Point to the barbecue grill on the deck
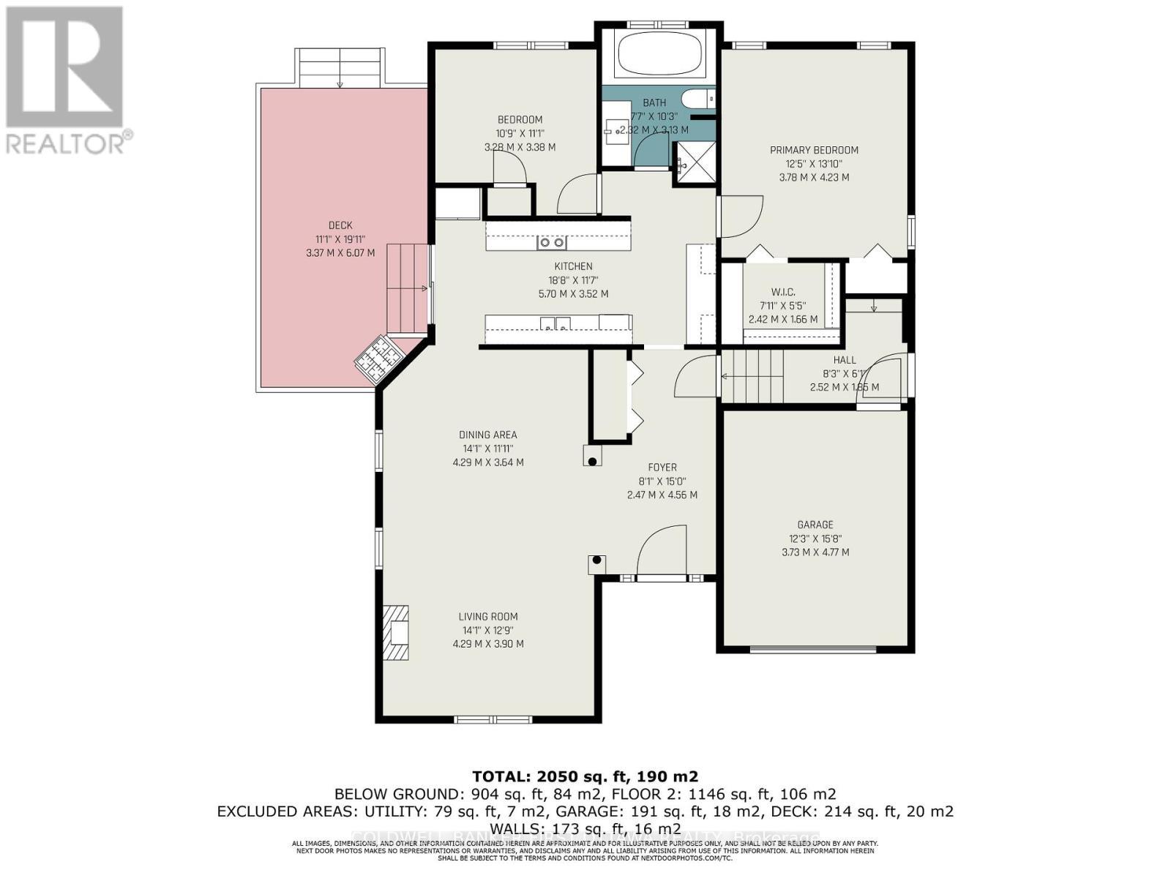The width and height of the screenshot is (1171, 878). [x=378, y=359]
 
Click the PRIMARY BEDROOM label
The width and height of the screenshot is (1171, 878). [x=814, y=150]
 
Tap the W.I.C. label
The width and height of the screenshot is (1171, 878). [x=783, y=292]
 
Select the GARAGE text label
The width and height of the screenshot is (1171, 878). [x=815, y=525]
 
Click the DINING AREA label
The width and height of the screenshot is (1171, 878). [x=488, y=435]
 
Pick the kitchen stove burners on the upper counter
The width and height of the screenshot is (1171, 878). [x=551, y=242]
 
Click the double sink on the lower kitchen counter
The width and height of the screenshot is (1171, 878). [x=555, y=323]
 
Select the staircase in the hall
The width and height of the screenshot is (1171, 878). [x=752, y=376]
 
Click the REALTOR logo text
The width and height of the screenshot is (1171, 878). [x=70, y=142]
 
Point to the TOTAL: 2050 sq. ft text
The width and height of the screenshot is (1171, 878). [x=585, y=776]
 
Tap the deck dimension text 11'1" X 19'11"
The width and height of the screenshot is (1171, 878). [x=340, y=239]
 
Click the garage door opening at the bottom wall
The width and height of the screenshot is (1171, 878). [x=813, y=648]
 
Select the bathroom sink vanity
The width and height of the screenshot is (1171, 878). [x=616, y=132]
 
